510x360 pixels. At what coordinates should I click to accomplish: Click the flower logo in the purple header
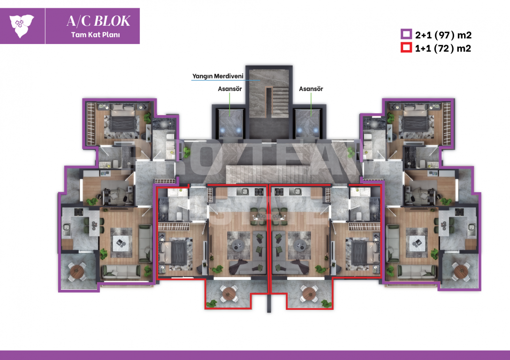pyautogui.click(x=22, y=26)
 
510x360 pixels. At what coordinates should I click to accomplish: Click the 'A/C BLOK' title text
pyautogui.click(x=99, y=21)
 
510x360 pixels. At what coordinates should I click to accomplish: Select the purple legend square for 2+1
pyautogui.click(x=405, y=34)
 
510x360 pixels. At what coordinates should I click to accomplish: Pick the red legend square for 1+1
pyautogui.click(x=405, y=47)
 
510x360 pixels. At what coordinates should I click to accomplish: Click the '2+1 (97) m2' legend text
pyautogui.click(x=443, y=34)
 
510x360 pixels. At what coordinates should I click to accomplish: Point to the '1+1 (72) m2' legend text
pyautogui.click(x=443, y=47)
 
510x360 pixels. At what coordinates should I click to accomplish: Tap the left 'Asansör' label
pyautogui.click(x=229, y=89)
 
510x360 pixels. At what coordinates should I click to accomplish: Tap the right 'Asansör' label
pyautogui.click(x=311, y=89)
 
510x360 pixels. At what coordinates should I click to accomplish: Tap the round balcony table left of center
pyautogui.click(x=228, y=294)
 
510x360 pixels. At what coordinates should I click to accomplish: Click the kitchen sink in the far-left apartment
pyautogui.click(x=66, y=229)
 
